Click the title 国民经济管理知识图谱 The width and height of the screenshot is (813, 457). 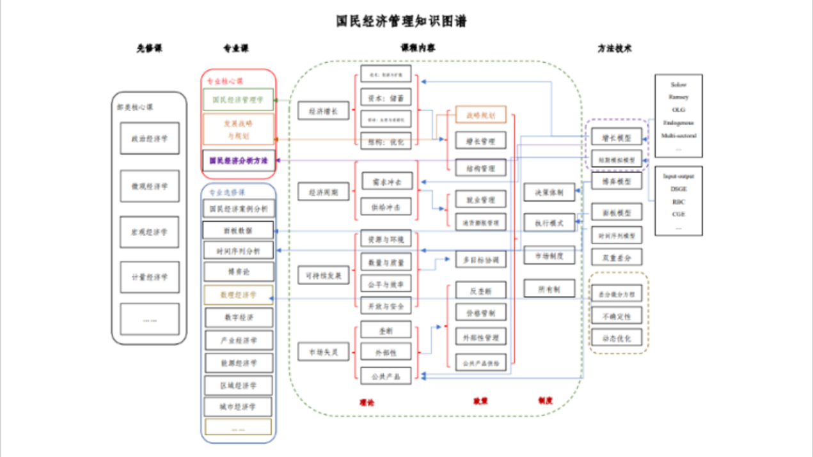[402, 21]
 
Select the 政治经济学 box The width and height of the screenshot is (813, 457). [150, 138]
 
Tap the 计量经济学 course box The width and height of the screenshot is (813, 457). [150, 277]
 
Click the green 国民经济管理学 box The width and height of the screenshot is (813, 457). [238, 100]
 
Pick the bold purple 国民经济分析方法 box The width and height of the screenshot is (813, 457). [238, 160]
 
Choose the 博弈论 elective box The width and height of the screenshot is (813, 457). [239, 272]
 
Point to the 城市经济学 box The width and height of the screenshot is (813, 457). [239, 407]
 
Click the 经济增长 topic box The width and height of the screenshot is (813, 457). [323, 111]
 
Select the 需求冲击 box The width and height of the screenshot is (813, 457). [386, 182]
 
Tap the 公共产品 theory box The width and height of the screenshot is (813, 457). [386, 376]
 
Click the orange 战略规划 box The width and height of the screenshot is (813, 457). [480, 115]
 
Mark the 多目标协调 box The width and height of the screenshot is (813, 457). [480, 259]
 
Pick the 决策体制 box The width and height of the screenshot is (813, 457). [549, 192]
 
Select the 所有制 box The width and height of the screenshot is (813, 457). [549, 289]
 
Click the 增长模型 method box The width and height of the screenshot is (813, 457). [616, 137]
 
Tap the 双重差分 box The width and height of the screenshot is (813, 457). [616, 257]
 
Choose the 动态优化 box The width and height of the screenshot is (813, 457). [616, 337]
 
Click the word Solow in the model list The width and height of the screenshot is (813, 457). [679, 84]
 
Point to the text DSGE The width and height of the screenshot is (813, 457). [679, 189]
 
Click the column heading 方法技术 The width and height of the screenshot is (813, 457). [615, 48]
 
